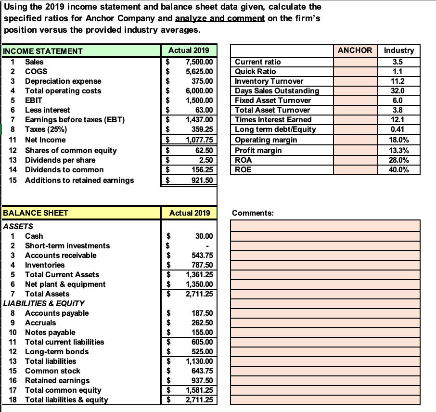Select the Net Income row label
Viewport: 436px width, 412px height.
pos(45,140)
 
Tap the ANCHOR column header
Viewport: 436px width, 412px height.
pos(355,50)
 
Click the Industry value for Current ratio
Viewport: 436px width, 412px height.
pos(399,62)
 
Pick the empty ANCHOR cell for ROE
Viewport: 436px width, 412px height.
pos(355,169)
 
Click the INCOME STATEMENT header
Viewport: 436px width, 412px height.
pos(43,51)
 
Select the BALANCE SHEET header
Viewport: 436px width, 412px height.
pos(36,213)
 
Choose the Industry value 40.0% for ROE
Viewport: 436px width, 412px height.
pos(399,169)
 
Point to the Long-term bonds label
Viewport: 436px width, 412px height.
pos(50,351)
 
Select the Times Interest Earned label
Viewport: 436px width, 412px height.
pos(273,119)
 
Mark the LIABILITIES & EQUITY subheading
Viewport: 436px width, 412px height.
pos(44,303)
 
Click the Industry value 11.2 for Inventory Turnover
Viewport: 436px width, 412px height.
pos(399,81)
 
